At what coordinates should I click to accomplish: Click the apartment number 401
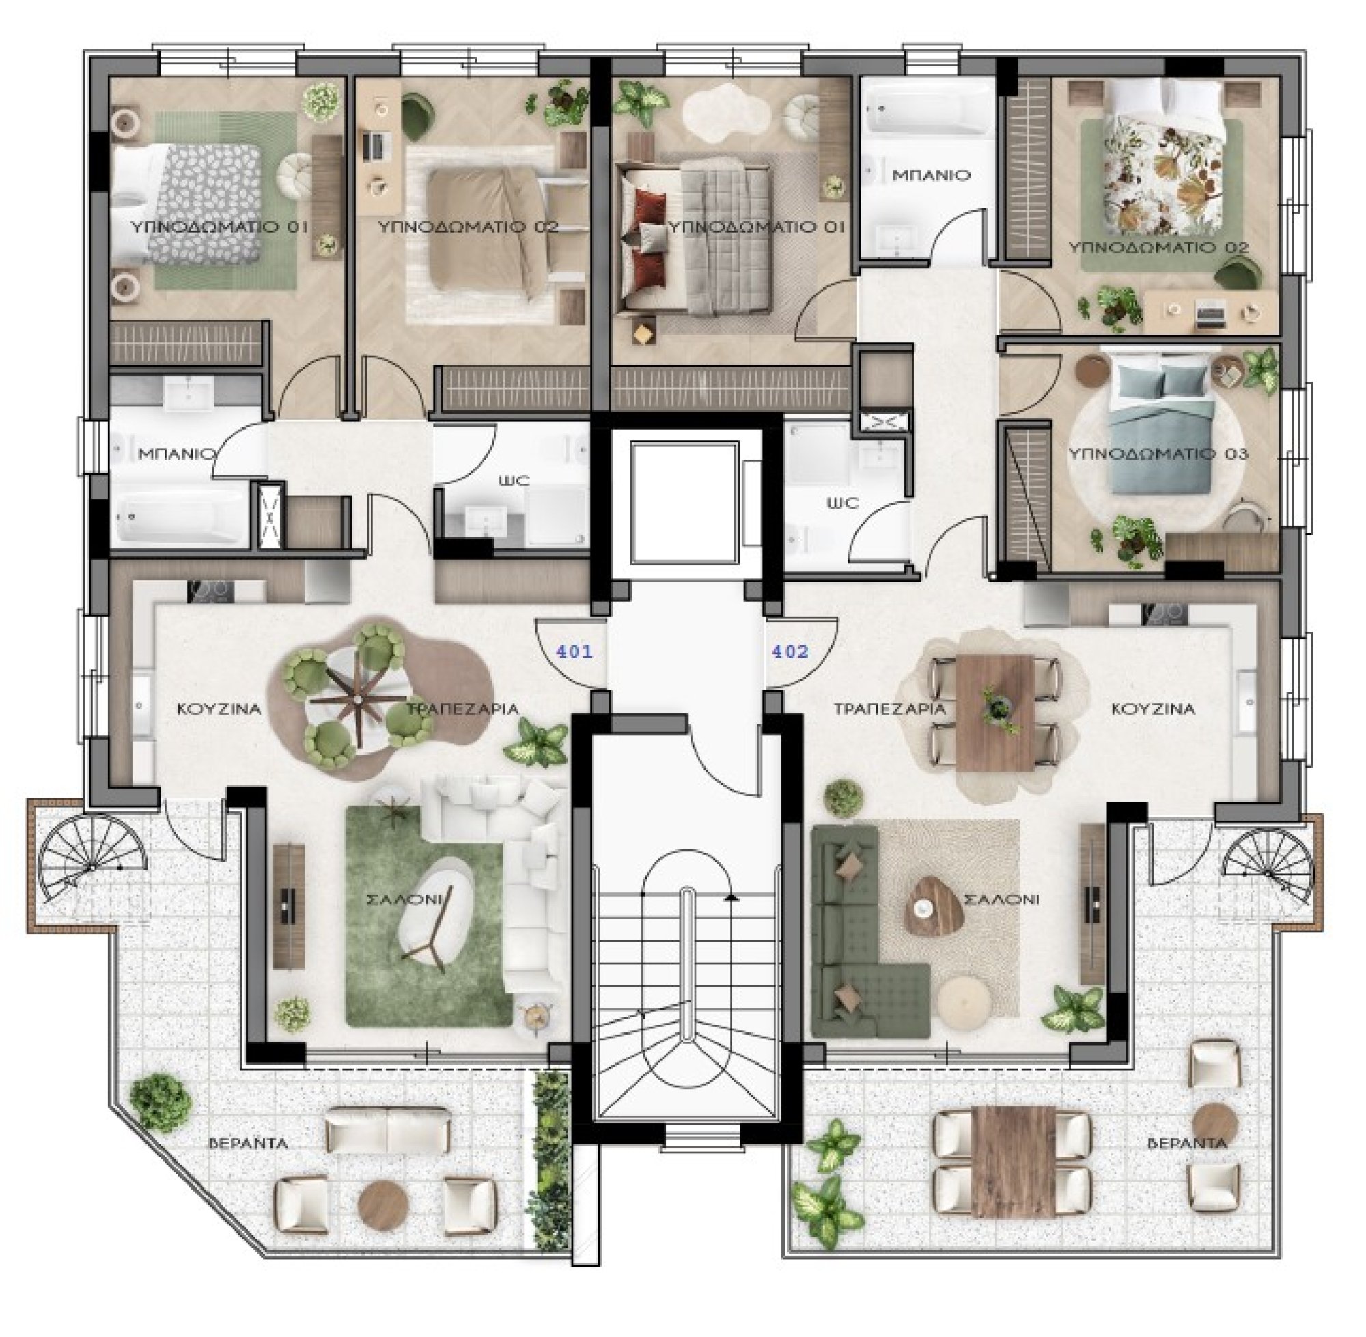(x=574, y=651)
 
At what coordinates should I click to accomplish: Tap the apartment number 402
(x=790, y=651)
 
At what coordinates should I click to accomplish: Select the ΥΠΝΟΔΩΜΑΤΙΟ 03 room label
(x=1158, y=453)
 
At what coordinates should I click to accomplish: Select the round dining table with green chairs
(x=356, y=699)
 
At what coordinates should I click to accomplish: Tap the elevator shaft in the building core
(x=685, y=501)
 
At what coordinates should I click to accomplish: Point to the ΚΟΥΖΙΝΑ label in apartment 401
(x=219, y=709)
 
